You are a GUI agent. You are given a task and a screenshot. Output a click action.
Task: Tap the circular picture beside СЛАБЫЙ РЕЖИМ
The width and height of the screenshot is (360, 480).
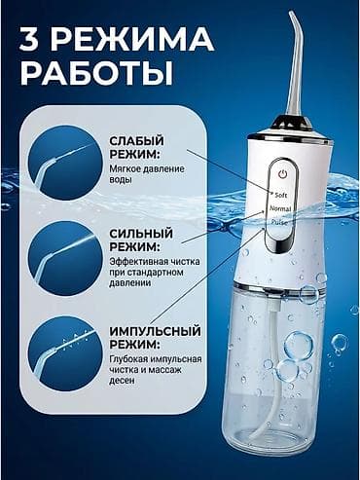point(64,160)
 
